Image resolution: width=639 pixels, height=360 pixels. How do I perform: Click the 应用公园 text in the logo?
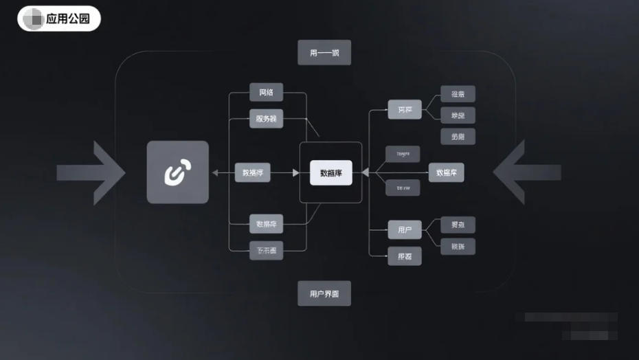68,19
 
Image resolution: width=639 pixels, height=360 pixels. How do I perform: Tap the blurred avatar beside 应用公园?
33,19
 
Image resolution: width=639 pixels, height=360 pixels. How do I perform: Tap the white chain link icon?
177,172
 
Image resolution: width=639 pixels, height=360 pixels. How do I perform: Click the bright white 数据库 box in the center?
331,173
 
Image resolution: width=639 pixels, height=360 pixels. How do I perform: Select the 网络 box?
266,93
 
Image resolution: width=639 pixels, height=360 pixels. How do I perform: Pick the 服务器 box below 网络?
266,118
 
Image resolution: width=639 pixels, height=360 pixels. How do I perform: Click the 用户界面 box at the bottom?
324,293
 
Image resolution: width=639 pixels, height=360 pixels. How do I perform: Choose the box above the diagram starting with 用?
324,53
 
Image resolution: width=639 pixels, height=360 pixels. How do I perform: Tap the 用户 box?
405,229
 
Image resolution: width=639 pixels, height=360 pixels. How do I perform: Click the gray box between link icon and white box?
252,172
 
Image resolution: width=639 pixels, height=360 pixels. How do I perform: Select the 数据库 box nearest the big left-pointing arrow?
446,172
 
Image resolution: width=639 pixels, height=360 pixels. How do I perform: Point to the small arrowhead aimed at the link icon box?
215,172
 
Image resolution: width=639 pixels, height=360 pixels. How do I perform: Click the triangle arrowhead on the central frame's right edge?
366,172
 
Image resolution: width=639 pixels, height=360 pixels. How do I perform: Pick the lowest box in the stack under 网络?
266,251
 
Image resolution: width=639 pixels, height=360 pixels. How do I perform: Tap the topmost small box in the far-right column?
458,94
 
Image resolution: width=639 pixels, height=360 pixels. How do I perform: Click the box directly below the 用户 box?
405,256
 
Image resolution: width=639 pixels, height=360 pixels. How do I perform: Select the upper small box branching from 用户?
458,225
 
